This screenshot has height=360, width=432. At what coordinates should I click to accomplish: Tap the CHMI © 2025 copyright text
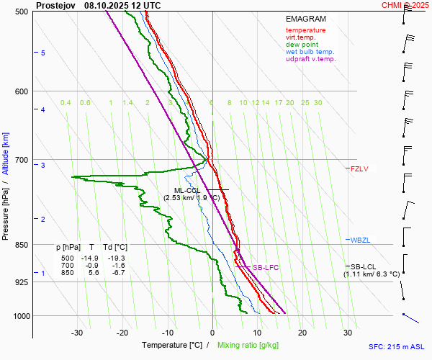click(405, 5)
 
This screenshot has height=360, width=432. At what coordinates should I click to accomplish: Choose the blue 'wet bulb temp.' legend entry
click(310, 52)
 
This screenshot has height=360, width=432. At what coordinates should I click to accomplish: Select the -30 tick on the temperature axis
click(77, 332)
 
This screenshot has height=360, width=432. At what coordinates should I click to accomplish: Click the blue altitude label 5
click(43, 53)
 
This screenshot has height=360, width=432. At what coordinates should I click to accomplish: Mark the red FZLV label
click(359, 169)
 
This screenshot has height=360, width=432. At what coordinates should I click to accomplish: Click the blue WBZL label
click(360, 240)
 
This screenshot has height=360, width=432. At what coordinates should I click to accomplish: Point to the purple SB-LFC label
click(265, 268)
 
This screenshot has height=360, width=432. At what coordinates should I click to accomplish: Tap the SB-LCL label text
click(364, 266)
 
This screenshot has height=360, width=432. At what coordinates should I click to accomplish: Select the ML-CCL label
click(188, 190)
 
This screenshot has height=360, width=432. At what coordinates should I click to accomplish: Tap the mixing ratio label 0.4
click(66, 103)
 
